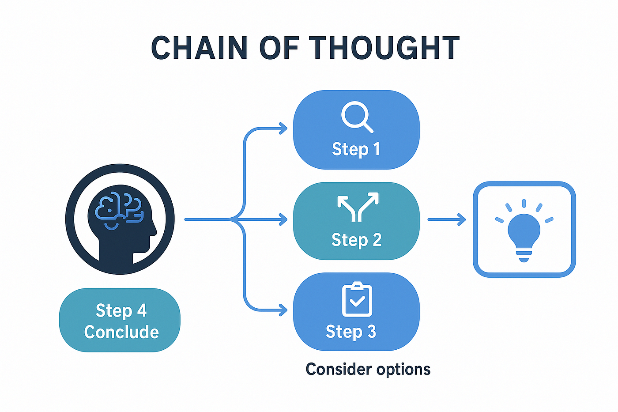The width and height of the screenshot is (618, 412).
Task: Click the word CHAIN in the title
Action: coord(199,47)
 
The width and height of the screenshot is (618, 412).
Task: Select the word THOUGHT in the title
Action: coord(384,47)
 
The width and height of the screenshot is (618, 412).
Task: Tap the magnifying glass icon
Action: coord(357,117)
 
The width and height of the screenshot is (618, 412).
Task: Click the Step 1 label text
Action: coord(356,149)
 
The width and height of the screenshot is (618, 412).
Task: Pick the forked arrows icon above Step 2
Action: coord(358,207)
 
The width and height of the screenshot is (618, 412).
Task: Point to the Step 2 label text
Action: coord(357,239)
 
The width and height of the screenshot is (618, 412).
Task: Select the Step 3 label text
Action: coord(350,332)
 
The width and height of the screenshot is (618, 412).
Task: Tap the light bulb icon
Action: coord(524,231)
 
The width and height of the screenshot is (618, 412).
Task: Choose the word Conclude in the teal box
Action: coord(121,332)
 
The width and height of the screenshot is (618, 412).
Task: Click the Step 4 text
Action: coord(121,310)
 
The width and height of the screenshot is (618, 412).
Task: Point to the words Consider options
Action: coord(368,369)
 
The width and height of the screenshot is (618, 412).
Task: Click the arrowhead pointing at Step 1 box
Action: coord(283,129)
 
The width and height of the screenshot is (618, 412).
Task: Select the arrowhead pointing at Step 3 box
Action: coord(283,310)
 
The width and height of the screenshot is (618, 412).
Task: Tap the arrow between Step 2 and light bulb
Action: coord(447,219)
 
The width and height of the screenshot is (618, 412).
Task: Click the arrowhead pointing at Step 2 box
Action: coord(283,219)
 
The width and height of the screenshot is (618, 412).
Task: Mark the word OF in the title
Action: coord(279,47)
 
